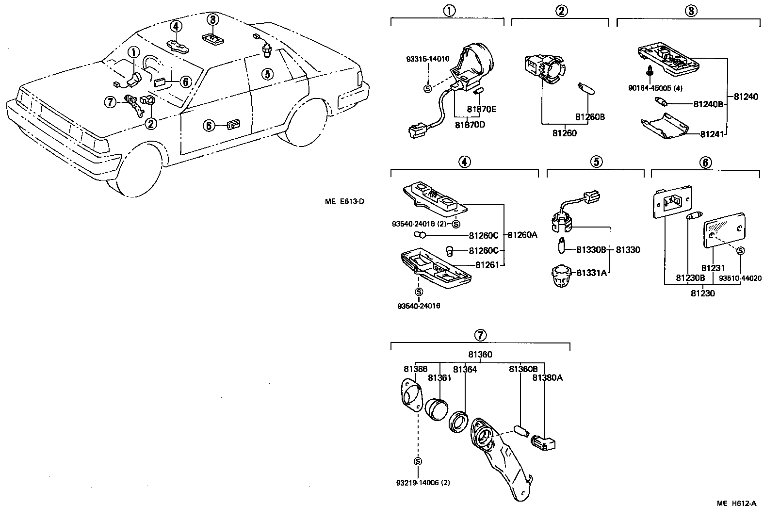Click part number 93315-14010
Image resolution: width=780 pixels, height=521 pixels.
427,59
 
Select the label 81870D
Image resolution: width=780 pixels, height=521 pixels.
470,125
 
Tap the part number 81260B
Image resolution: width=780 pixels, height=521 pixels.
590,117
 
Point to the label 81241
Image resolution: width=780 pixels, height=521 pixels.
712,133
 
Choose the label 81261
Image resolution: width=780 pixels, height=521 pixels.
487,265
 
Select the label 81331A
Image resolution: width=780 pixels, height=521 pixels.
591,273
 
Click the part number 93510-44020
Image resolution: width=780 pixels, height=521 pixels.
740,278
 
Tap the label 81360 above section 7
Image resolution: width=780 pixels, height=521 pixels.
480,355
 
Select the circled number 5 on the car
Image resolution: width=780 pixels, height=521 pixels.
267,74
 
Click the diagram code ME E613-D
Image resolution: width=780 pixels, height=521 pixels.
344,201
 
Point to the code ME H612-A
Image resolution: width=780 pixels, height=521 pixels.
736,503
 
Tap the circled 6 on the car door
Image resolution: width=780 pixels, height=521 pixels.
208,126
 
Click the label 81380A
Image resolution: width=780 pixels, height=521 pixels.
547,377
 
